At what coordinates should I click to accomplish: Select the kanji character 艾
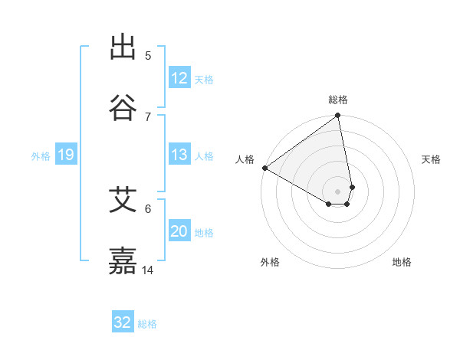pyautogui.click(x=123, y=200)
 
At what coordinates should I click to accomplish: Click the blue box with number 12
pyautogui.click(x=179, y=78)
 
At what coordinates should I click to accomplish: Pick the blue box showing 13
pyautogui.click(x=179, y=155)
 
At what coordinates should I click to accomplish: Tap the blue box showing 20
pyautogui.click(x=179, y=232)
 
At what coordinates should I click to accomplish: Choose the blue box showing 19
pyautogui.click(x=65, y=155)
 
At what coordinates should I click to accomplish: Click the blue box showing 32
pyautogui.click(x=123, y=322)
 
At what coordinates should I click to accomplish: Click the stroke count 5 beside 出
pyautogui.click(x=148, y=56)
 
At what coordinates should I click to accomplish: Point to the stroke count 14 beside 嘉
pyautogui.click(x=148, y=270)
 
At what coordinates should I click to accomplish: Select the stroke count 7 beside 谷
pyautogui.click(x=148, y=116)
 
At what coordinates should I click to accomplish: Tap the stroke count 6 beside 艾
pyautogui.click(x=148, y=208)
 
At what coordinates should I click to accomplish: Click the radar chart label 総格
pyautogui.click(x=338, y=100)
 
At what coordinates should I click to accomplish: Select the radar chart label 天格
pyautogui.click(x=432, y=159)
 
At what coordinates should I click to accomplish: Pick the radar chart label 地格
pyautogui.click(x=402, y=262)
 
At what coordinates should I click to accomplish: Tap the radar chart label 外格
pyautogui.click(x=270, y=262)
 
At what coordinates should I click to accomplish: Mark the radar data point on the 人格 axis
pyautogui.click(x=264, y=168)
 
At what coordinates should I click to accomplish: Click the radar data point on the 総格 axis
pyautogui.click(x=338, y=116)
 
